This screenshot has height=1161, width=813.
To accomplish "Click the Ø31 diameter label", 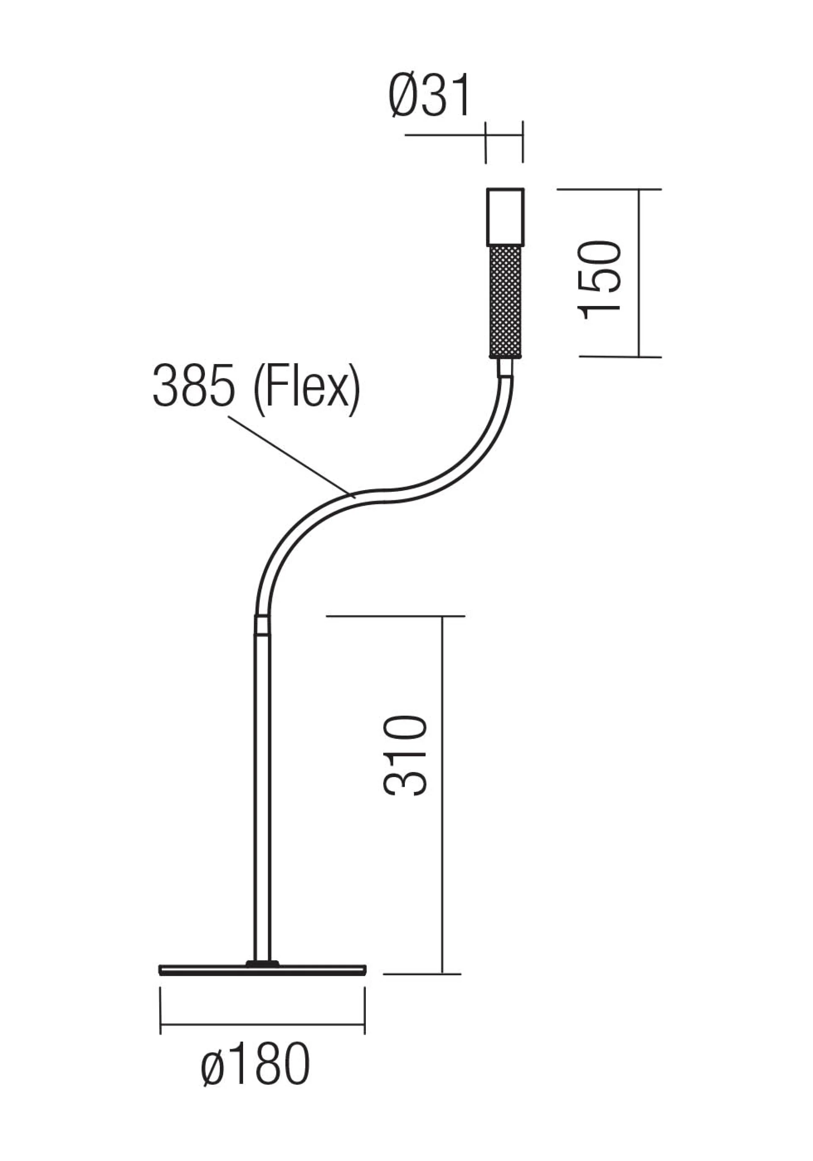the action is pos(429,96).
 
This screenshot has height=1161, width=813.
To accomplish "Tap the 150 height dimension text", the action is pos(600,280).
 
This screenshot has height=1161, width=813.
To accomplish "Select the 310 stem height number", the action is pos(405,756).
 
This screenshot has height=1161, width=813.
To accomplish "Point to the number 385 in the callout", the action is pos(194,387).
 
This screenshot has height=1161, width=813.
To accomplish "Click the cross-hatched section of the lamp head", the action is pos(504,302).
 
